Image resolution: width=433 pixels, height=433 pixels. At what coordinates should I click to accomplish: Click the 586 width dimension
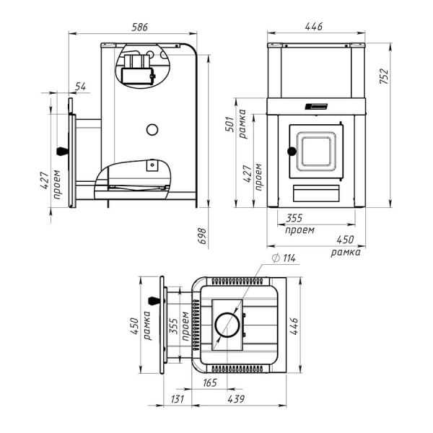tap(140, 27)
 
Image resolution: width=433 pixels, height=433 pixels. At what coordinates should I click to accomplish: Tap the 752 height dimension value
tap(384, 76)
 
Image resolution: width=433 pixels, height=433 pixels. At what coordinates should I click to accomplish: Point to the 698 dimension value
tap(203, 236)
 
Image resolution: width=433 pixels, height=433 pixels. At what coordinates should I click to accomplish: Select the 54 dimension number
tap(81, 87)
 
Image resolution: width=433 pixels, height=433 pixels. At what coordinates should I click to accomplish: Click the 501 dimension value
tap(229, 124)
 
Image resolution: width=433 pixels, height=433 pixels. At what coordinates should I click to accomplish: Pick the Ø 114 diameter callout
tap(284, 258)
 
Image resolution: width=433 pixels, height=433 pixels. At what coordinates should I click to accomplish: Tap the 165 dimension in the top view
tap(210, 382)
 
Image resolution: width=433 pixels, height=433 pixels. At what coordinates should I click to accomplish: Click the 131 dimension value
tap(177, 399)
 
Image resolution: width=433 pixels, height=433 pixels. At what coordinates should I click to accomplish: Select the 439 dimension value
tap(236, 399)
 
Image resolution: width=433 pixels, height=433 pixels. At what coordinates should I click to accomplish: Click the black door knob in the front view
tap(292, 151)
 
